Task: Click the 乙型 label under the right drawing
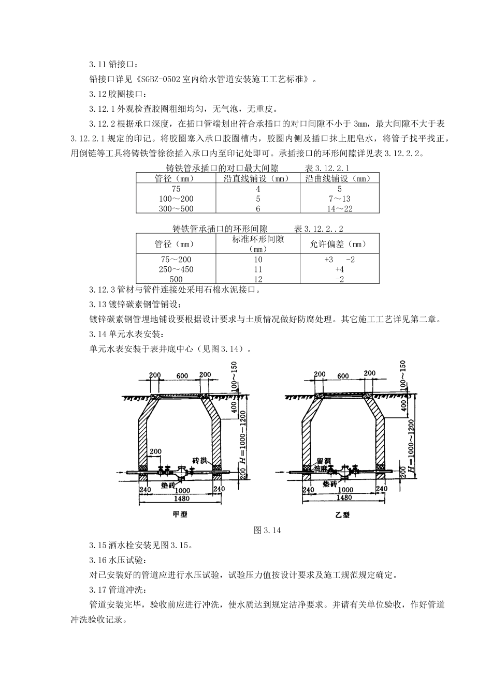[343, 515]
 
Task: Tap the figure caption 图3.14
[267, 531]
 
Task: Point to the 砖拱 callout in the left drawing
[200, 460]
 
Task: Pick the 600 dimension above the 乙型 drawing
[343, 376]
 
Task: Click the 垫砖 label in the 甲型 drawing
[168, 486]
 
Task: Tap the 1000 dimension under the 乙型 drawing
[345, 490]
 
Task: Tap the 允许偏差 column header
[339, 244]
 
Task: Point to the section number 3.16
[97, 560]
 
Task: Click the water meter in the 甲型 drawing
[180, 471]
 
